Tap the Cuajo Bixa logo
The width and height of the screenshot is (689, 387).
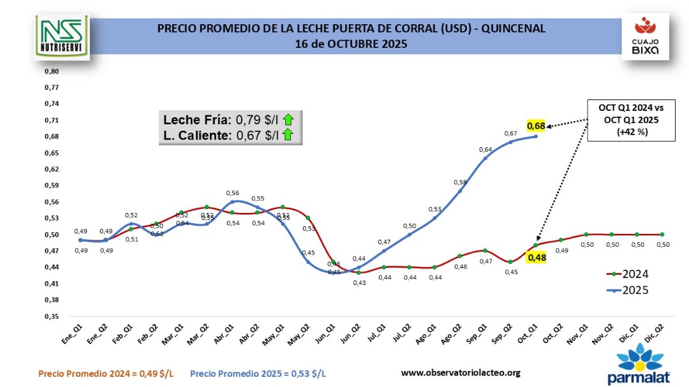coord(646,36)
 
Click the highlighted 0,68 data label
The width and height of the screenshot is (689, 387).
coord(535,126)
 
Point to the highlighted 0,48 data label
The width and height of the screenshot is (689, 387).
coord(535,258)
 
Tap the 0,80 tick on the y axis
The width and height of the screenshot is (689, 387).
coord(51,71)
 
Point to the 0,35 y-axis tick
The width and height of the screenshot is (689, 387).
coord(51,316)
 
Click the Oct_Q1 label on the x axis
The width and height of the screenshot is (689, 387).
coord(527,334)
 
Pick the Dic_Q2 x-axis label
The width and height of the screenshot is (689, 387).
coord(653,334)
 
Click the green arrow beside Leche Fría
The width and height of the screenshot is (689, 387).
coord(288,119)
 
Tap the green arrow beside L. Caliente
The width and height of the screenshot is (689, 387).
coord(288,134)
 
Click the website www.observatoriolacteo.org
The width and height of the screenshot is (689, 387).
coord(461,372)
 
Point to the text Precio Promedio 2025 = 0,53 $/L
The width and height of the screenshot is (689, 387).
coord(258,372)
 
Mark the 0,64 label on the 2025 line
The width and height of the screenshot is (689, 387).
coord(485,149)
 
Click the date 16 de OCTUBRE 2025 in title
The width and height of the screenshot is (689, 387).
coord(351,44)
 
